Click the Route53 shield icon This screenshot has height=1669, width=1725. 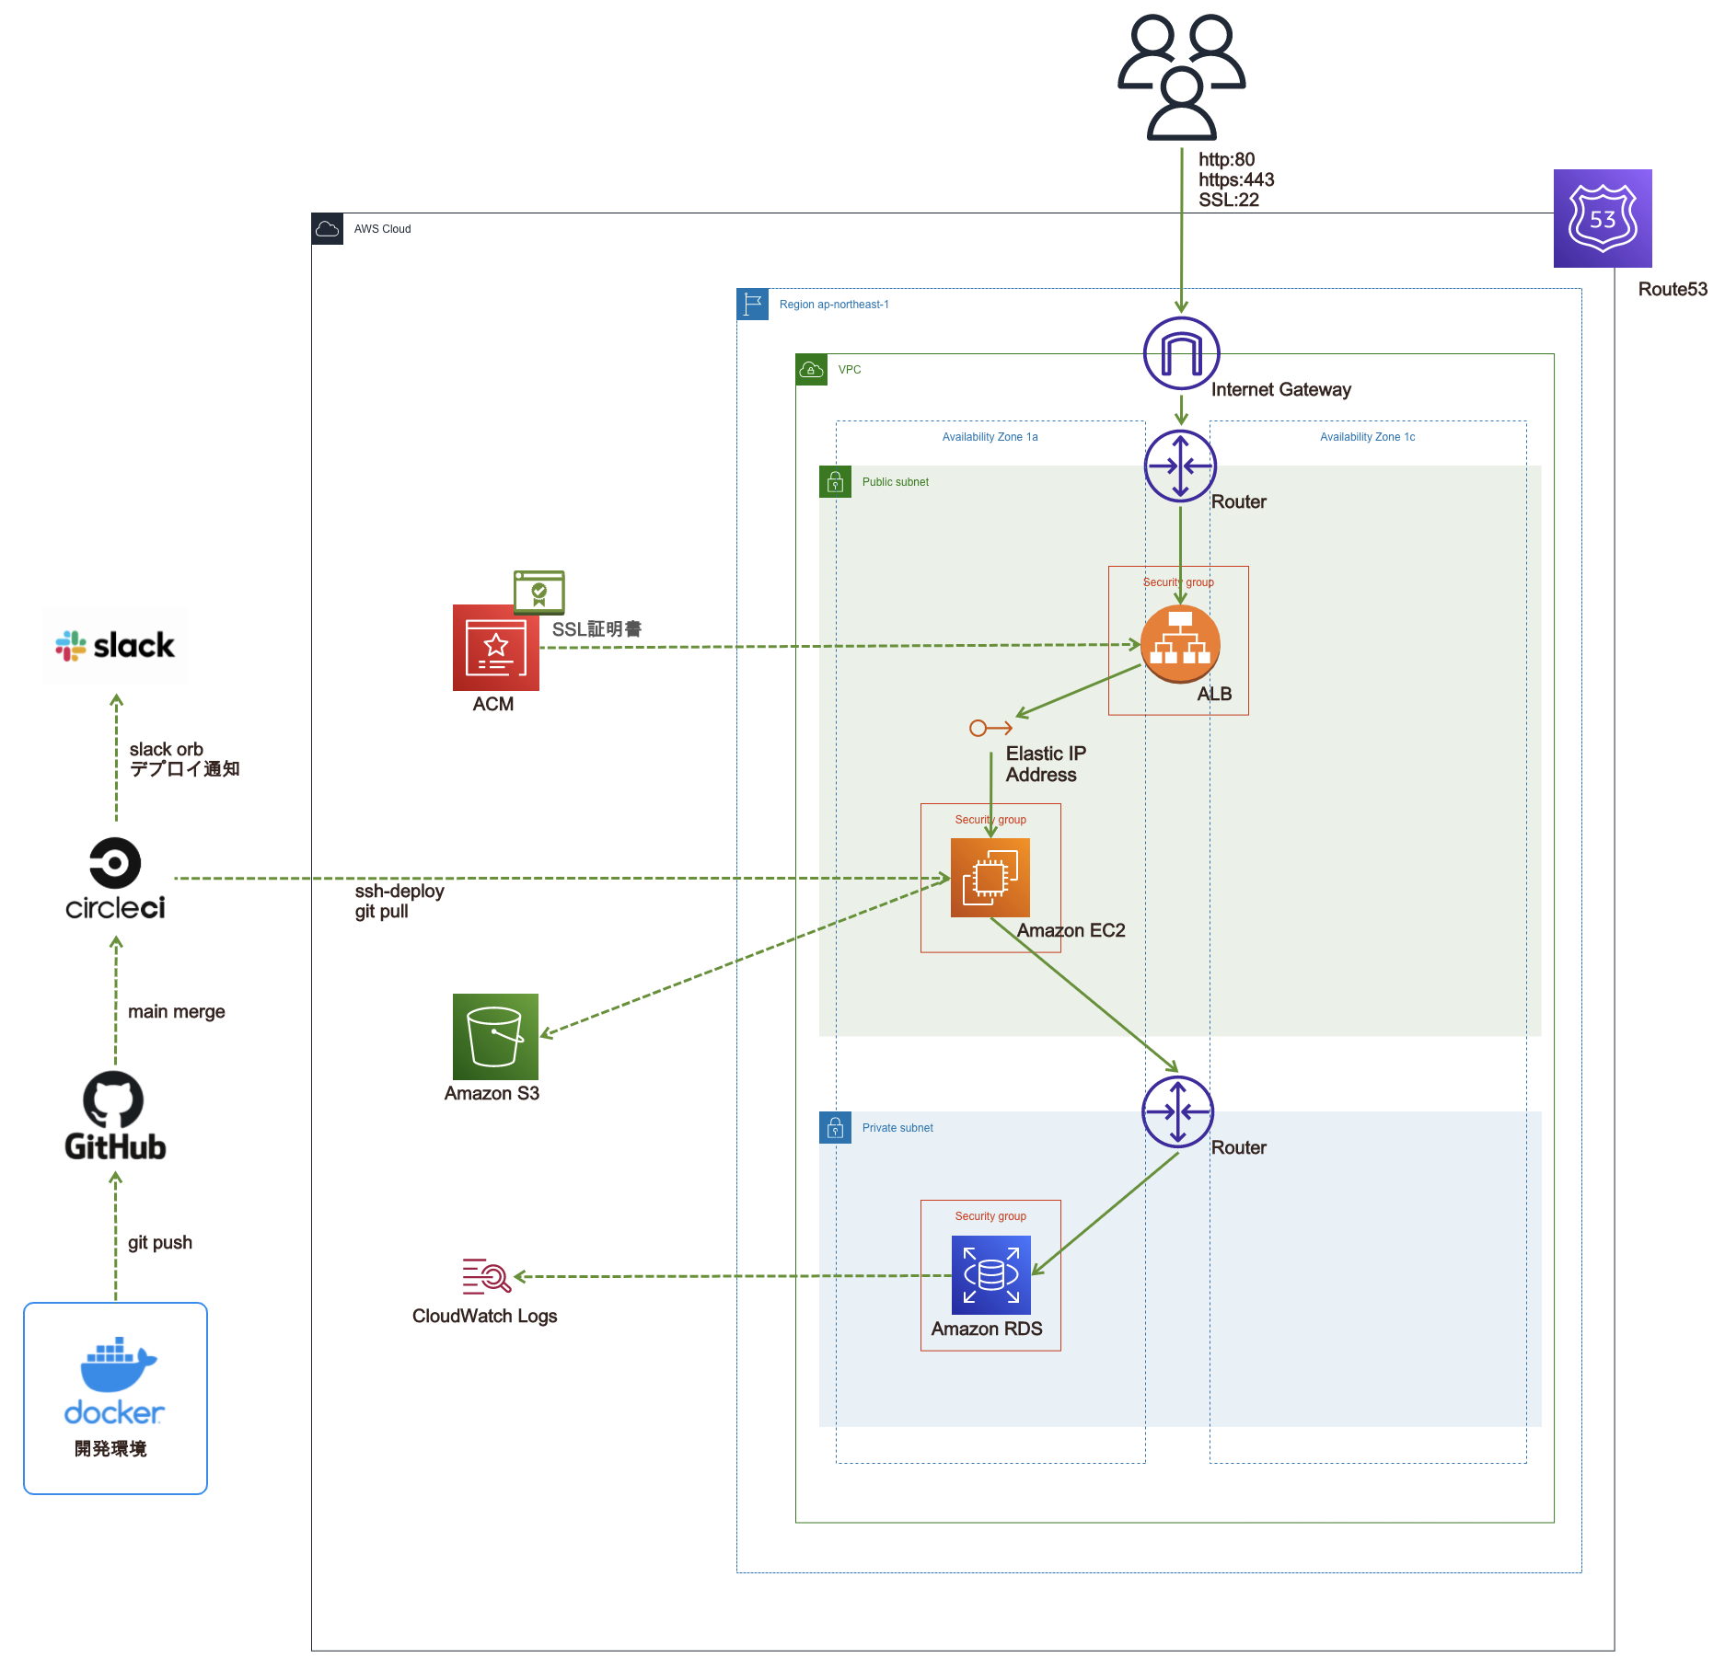tap(1603, 218)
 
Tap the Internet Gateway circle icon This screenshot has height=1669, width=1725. tap(1181, 353)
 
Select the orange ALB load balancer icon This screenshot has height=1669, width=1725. tap(1180, 644)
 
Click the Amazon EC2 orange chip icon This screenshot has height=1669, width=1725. tap(990, 878)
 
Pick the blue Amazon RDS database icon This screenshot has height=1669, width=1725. tap(990, 1274)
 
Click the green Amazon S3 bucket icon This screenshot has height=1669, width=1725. tap(495, 1036)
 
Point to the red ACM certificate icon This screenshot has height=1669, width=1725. tap(495, 648)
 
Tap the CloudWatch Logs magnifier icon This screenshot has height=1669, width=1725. tap(487, 1275)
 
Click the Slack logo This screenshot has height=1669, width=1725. tap(115, 646)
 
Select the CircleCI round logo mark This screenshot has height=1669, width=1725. tap(115, 863)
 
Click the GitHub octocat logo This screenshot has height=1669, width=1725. tap(113, 1099)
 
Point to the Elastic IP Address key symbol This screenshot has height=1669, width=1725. tap(990, 729)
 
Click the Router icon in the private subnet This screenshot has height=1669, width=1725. tap(1178, 1111)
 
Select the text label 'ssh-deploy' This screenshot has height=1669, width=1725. tap(399, 891)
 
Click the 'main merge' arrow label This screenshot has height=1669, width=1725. tap(176, 1011)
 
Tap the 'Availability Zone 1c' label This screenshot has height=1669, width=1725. tap(1367, 437)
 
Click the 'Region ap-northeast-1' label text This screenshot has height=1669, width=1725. tap(834, 305)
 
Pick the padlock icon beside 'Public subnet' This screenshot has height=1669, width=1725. tap(835, 482)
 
